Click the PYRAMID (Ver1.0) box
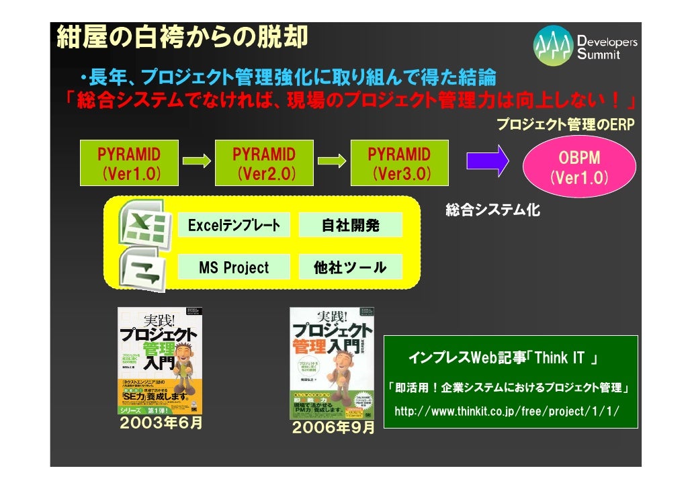pyautogui.click(x=129, y=163)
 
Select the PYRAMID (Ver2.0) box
pyautogui.click(x=264, y=163)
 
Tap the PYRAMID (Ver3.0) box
pyautogui.click(x=399, y=163)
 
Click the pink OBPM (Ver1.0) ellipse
pyautogui.click(x=579, y=168)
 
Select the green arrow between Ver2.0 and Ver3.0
pyautogui.click(x=331, y=162)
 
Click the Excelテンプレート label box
pyautogui.click(x=234, y=225)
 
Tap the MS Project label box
pyautogui.click(x=234, y=267)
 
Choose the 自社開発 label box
pyautogui.click(x=350, y=225)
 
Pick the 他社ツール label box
pyautogui.click(x=350, y=267)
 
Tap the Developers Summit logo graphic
pyautogui.click(x=554, y=45)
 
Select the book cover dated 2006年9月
pyautogui.click(x=332, y=363)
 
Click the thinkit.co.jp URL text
pyautogui.click(x=507, y=411)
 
